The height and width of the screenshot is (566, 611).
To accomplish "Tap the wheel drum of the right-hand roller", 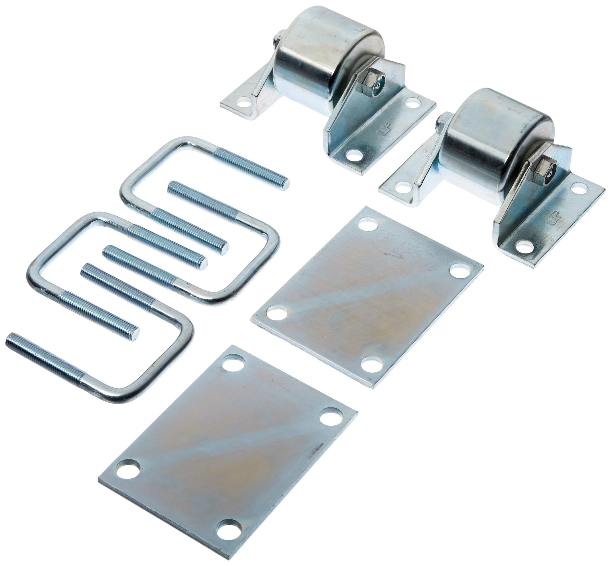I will [496, 135].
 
